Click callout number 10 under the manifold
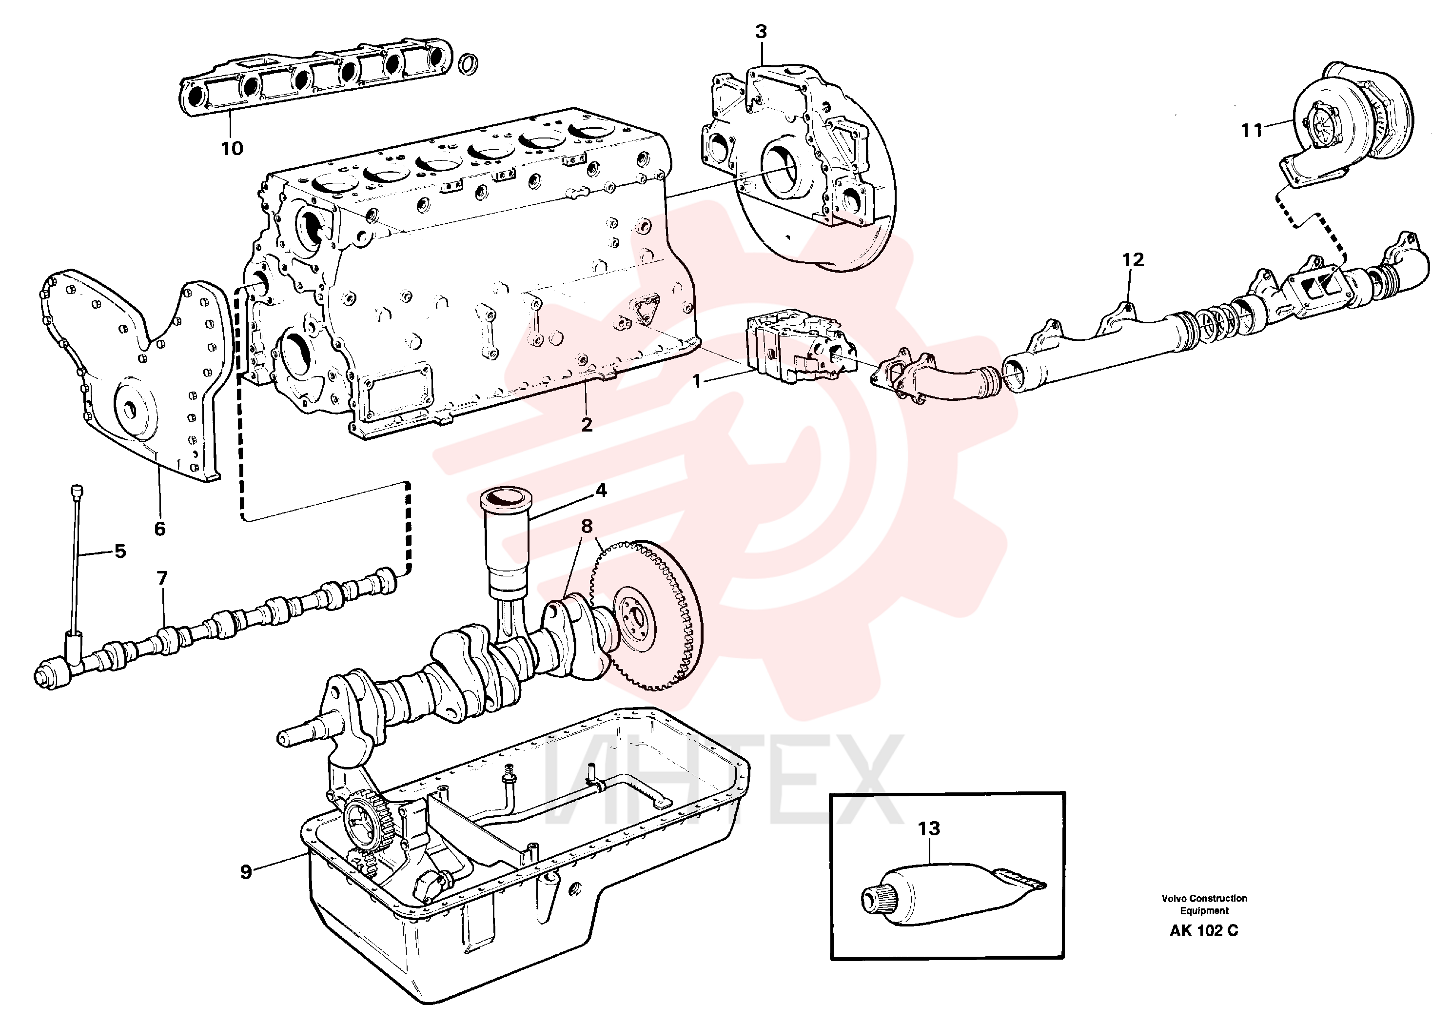pyautogui.click(x=232, y=149)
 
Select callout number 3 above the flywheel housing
pyautogui.click(x=761, y=32)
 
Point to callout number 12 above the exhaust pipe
pyautogui.click(x=1133, y=260)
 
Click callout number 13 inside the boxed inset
pyautogui.click(x=929, y=828)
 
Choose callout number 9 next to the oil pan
pyautogui.click(x=246, y=872)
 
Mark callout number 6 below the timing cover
pyautogui.click(x=160, y=529)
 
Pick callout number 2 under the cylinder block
pyautogui.click(x=587, y=425)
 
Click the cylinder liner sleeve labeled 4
pyautogui.click(x=506, y=544)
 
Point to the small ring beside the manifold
pyautogui.click(x=468, y=63)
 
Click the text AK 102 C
pyautogui.click(x=1204, y=931)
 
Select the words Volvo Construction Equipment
pyautogui.click(x=1204, y=905)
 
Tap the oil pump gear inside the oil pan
pyautogui.click(x=367, y=826)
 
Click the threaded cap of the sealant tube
pyautogui.click(x=875, y=898)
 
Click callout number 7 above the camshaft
pyautogui.click(x=162, y=578)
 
